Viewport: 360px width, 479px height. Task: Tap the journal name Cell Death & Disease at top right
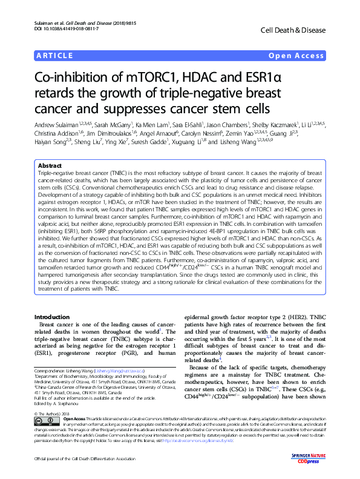pos(298,30)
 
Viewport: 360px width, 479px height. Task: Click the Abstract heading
pos(50,165)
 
